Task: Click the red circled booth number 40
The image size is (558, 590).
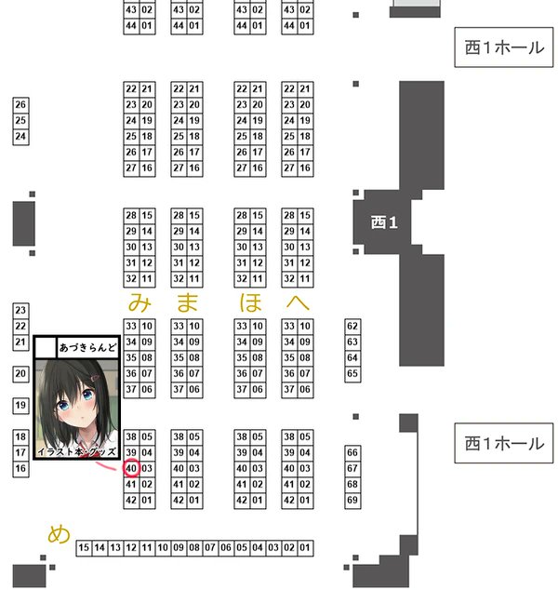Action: click(x=131, y=467)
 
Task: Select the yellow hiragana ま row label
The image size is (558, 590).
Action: click(x=187, y=302)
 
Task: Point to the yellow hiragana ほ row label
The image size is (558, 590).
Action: click(x=250, y=302)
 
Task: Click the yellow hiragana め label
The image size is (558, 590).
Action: click(x=59, y=534)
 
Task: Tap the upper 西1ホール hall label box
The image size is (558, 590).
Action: click(x=503, y=47)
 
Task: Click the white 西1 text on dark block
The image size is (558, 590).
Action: click(x=383, y=221)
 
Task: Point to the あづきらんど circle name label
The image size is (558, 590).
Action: click(x=88, y=347)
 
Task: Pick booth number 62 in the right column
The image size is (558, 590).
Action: click(x=352, y=327)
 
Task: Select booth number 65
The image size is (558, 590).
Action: click(x=352, y=373)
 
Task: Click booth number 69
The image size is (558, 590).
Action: click(x=352, y=500)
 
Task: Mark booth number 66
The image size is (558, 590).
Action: click(x=352, y=452)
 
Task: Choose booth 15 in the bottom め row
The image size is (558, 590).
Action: click(x=84, y=548)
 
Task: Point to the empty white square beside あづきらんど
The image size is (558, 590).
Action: click(x=45, y=347)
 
